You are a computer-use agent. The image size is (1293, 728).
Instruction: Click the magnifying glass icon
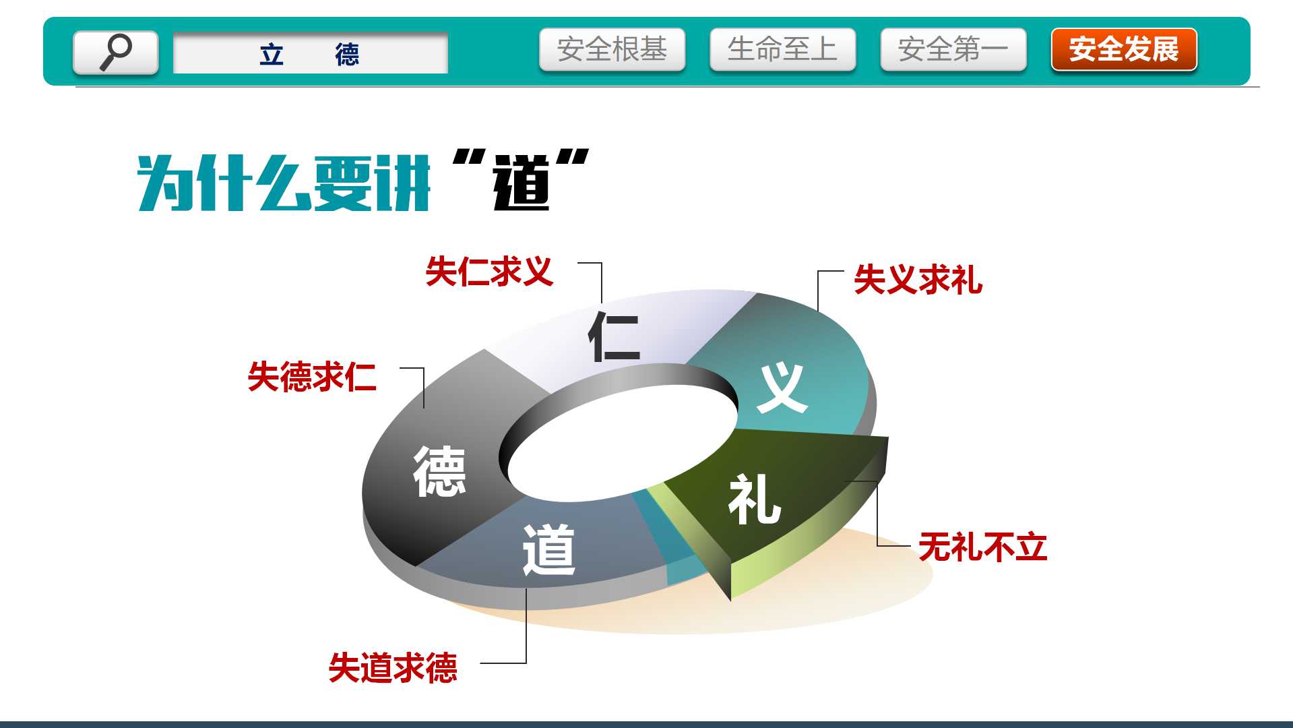pos(116,52)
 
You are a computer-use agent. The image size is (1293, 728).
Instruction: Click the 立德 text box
pos(311,53)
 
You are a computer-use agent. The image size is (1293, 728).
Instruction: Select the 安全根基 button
pos(612,49)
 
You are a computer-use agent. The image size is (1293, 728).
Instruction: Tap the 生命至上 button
pos(782,49)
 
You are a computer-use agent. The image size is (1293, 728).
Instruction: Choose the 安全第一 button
pos(953,49)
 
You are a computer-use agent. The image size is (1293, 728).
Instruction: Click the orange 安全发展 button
pos(1124,49)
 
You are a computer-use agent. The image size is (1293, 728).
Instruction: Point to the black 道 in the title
pos(522,183)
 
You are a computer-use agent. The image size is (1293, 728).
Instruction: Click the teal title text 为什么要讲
pos(284,183)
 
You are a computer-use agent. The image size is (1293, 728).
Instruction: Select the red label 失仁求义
pos(489,272)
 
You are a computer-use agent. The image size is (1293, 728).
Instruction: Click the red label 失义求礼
pos(918,279)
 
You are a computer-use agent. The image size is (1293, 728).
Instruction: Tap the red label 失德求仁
pos(312,376)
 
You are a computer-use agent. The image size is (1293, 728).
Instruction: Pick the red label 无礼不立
pos(982,547)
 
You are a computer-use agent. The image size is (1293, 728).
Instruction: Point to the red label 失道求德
pos(393,667)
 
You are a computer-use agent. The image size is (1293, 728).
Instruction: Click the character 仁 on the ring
pos(614,336)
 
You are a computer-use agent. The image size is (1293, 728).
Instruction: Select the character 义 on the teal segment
pos(782,388)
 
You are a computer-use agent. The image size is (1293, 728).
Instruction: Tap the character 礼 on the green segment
pos(755,499)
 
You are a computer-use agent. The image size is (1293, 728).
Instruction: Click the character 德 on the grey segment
pos(439,472)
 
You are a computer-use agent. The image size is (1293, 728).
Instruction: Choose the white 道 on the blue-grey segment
pos(548,550)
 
